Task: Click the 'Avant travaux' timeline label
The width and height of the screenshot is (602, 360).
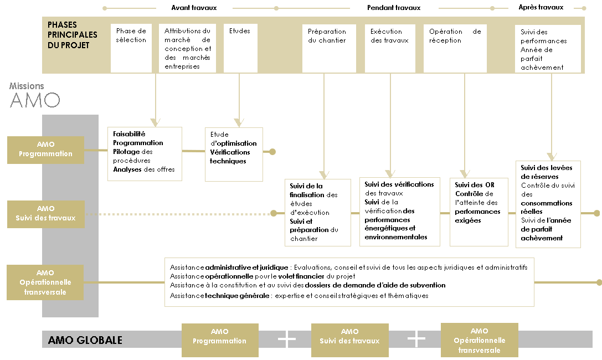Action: tap(194, 8)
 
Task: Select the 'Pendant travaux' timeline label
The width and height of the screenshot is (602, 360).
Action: tap(394, 8)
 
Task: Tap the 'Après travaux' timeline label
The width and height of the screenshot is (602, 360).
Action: tap(541, 7)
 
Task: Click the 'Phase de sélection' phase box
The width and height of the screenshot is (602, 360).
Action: tap(131, 48)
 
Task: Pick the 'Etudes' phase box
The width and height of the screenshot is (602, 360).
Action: tap(241, 48)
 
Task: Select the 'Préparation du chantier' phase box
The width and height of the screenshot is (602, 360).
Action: tap(329, 48)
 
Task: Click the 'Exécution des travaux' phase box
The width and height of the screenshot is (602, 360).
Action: tap(390, 48)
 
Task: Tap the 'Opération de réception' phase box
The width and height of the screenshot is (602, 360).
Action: tap(455, 48)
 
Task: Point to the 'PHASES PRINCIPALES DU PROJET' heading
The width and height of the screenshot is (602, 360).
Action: tap(72, 35)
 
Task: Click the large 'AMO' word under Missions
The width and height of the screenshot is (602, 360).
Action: tap(35, 100)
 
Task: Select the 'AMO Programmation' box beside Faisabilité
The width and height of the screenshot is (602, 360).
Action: tap(45, 150)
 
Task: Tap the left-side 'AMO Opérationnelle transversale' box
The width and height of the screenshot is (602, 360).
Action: tap(45, 282)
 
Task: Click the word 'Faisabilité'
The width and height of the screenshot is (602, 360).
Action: tap(129, 134)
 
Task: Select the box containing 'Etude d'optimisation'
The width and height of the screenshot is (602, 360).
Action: tap(234, 155)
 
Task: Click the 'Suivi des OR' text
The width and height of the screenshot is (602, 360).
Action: tap(475, 185)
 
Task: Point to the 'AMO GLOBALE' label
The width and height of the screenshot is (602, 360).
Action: tap(85, 341)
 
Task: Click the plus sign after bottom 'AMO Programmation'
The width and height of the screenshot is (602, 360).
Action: tap(287, 340)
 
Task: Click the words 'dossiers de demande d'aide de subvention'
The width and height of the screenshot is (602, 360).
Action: tap(375, 285)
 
